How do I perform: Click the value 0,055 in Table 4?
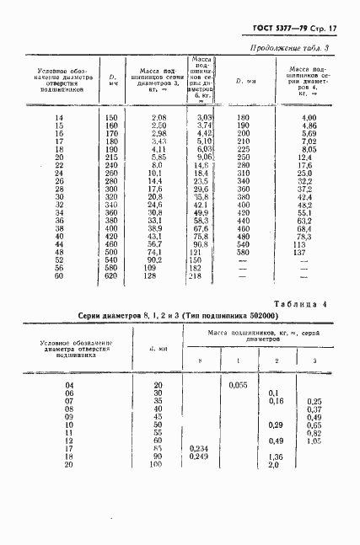point(237,385)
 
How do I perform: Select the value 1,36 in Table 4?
point(274,457)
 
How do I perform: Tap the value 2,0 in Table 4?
point(273,465)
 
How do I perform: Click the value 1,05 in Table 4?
point(315,441)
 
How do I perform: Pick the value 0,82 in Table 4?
point(315,433)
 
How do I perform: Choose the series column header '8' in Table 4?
point(200,361)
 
